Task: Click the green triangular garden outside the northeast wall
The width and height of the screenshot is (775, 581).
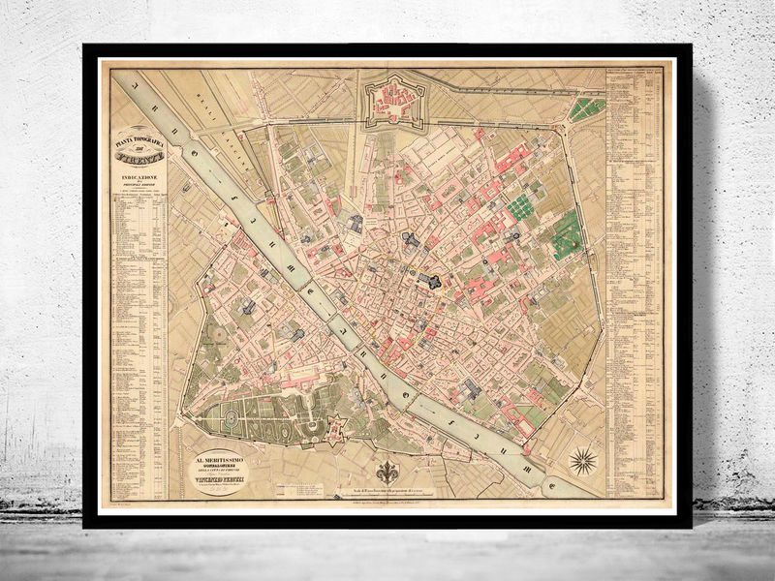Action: [587, 108]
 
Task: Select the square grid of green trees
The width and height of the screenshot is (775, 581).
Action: [523, 207]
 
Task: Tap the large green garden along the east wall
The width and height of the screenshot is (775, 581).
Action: [567, 235]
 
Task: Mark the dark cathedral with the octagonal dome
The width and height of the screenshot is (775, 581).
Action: [426, 281]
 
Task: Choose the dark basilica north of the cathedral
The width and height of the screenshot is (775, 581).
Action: [410, 241]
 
